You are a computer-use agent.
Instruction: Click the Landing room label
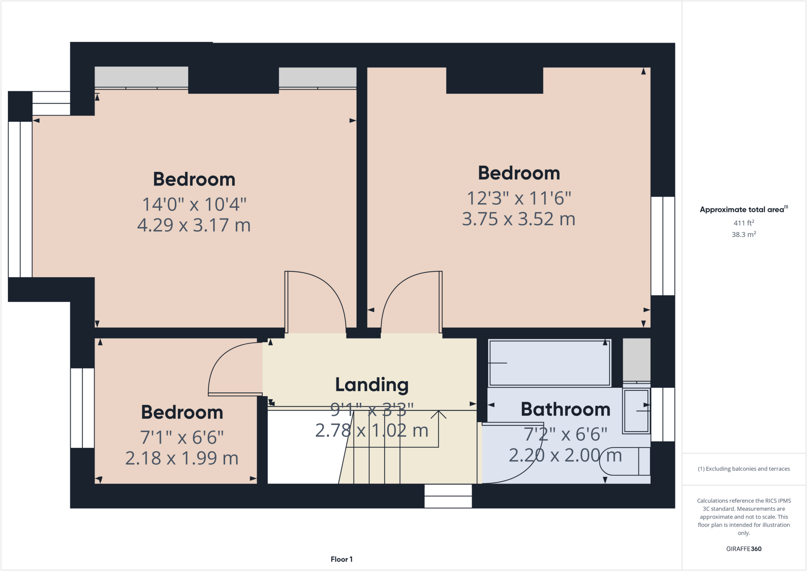tap(372, 385)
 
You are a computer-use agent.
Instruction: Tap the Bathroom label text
tap(565, 409)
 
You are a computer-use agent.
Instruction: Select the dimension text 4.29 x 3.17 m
tap(194, 225)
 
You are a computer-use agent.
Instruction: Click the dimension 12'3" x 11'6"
tap(519, 198)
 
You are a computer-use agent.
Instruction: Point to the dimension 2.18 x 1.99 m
tap(182, 458)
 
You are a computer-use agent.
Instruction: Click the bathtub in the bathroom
tap(549, 363)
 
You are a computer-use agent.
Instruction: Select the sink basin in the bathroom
tap(636, 411)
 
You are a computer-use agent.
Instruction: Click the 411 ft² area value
tap(744, 223)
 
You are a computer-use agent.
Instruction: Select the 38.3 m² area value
tap(744, 234)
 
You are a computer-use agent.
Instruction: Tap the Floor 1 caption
tap(342, 559)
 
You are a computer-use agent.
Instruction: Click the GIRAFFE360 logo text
tap(744, 549)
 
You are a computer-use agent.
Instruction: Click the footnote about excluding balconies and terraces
tap(744, 469)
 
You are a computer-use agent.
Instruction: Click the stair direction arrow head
tap(438, 413)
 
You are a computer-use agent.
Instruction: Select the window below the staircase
tap(448, 496)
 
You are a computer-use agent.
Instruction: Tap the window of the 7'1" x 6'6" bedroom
tap(82, 408)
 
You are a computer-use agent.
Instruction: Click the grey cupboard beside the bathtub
tap(636, 359)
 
